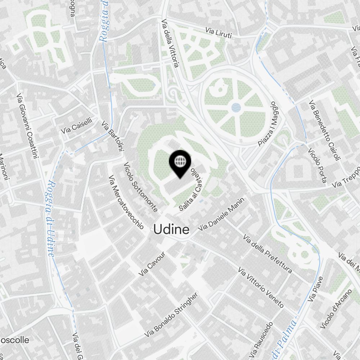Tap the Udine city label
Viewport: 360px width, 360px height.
pos(171,230)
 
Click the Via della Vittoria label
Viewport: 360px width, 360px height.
pos(170,43)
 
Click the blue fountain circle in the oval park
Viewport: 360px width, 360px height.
pos(236,107)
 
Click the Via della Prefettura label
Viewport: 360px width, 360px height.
pos(267,253)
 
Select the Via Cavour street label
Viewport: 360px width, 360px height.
pos(152,264)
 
